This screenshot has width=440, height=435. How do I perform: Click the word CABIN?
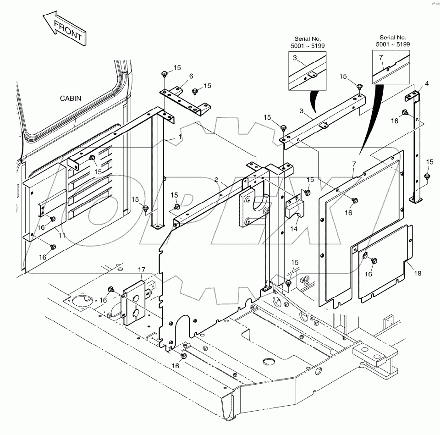click(x=70, y=98)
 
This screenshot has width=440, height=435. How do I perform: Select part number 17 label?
click(x=142, y=270)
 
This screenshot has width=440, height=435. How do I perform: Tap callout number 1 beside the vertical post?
click(x=180, y=137)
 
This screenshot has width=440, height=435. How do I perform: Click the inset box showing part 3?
click(x=307, y=70)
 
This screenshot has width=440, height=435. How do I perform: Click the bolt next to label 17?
click(x=111, y=289)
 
